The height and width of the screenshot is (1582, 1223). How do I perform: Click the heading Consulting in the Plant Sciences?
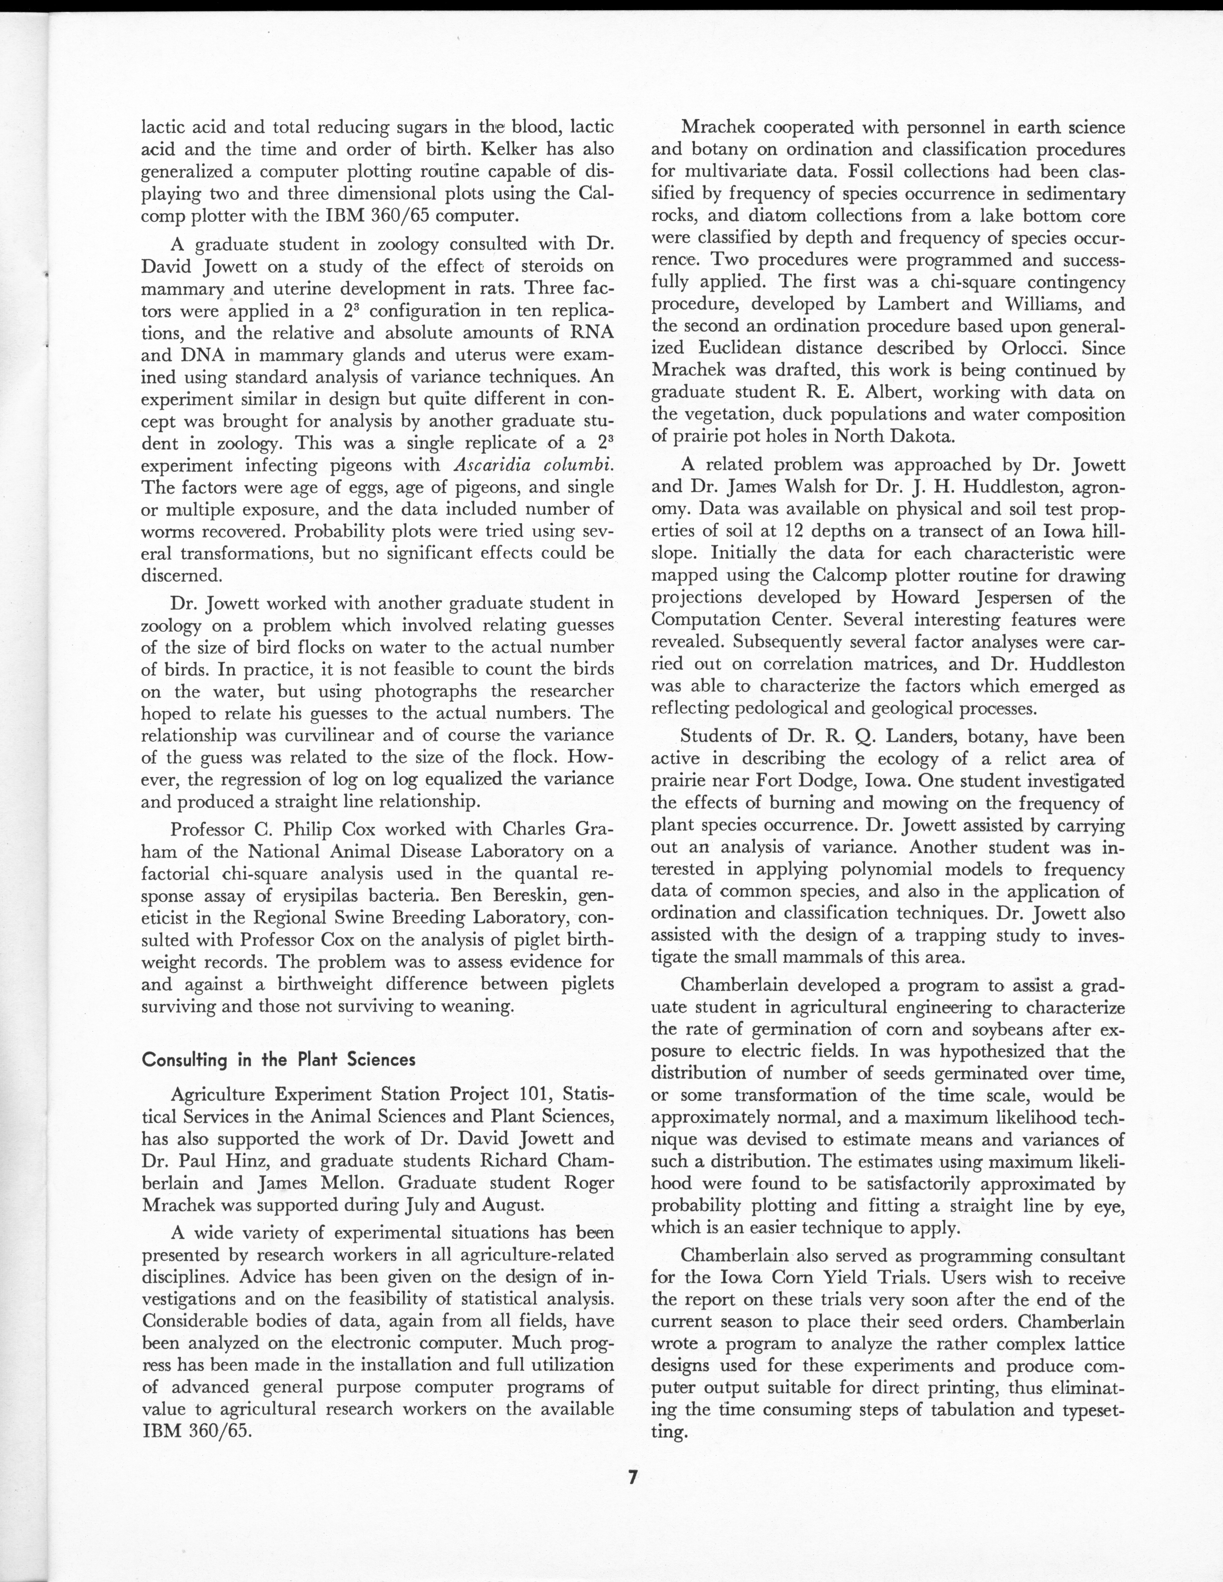tap(279, 1060)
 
